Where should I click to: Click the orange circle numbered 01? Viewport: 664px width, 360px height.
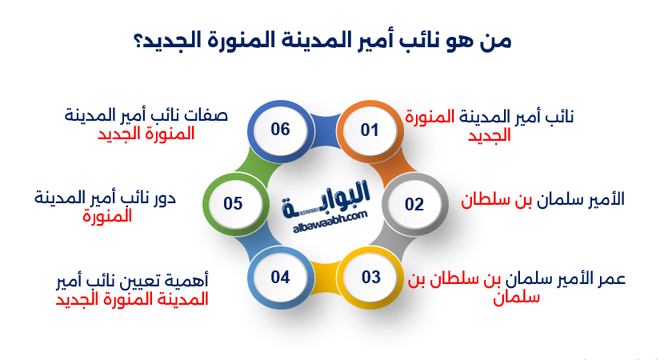pyautogui.click(x=370, y=131)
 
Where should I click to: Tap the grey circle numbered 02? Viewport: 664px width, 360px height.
pyautogui.click(x=415, y=205)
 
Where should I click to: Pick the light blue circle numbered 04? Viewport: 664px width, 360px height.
pyautogui.click(x=281, y=278)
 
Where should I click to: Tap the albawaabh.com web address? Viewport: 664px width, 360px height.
pyautogui.click(x=330, y=222)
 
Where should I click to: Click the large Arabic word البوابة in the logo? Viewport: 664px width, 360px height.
pyautogui.click(x=326, y=199)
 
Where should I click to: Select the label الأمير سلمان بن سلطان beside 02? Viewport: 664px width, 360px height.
pyautogui.click(x=543, y=199)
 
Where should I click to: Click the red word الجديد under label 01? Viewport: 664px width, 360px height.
pyautogui.click(x=489, y=135)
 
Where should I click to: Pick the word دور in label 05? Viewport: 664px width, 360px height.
pyautogui.click(x=165, y=198)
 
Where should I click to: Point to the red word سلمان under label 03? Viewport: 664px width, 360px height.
pyautogui.click(x=516, y=298)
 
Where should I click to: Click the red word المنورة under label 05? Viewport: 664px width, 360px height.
pyautogui.click(x=107, y=217)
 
